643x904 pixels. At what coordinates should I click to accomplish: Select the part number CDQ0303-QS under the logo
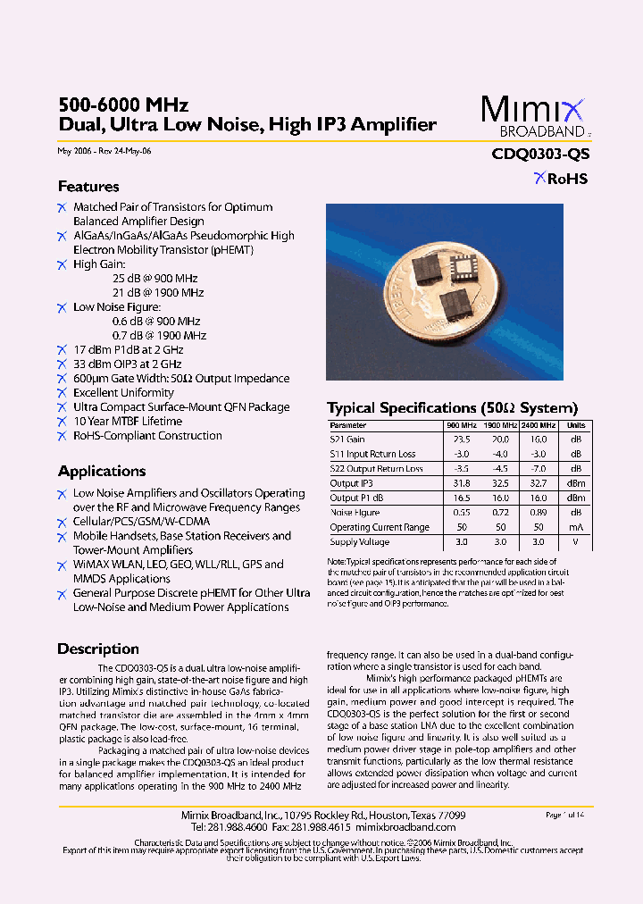point(540,154)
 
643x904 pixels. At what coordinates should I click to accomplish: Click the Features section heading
point(88,187)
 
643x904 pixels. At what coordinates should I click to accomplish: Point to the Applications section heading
point(102,471)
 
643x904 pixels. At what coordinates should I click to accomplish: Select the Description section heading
point(98,649)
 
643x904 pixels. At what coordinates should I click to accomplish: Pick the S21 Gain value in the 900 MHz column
point(462,439)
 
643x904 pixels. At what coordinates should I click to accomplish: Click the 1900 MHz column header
point(500,425)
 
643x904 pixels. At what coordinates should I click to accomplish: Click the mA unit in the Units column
point(577,527)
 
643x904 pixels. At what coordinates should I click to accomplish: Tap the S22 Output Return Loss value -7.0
point(539,469)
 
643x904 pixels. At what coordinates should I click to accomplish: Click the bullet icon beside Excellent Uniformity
point(62,393)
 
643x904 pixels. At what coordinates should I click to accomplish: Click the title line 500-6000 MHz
point(123,105)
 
